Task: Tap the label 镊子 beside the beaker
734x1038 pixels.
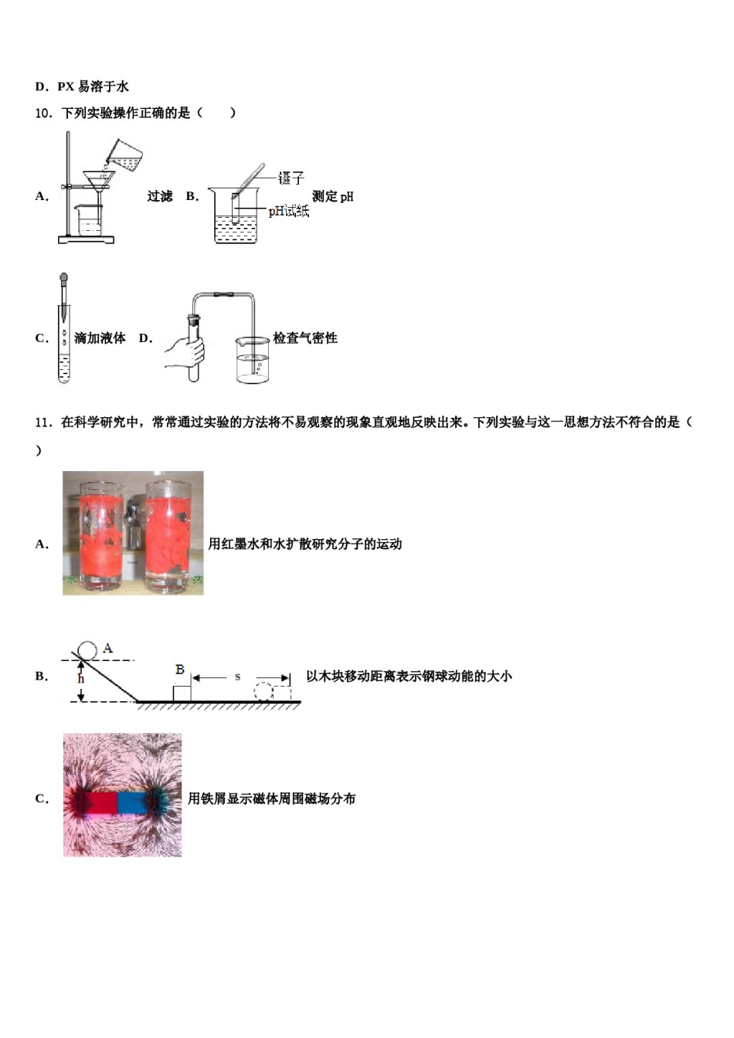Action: (x=291, y=178)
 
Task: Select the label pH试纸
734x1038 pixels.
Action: (x=288, y=211)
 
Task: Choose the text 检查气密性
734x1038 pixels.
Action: (x=305, y=338)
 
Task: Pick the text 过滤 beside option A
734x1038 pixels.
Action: (x=160, y=196)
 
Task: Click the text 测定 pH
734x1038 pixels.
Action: (x=333, y=196)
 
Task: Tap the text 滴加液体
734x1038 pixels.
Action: (x=100, y=338)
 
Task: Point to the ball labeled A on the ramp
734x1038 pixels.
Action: (x=87, y=650)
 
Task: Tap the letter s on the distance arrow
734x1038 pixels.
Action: (x=238, y=677)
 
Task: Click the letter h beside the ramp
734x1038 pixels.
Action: (x=80, y=680)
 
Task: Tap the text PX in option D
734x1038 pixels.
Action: (x=65, y=86)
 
